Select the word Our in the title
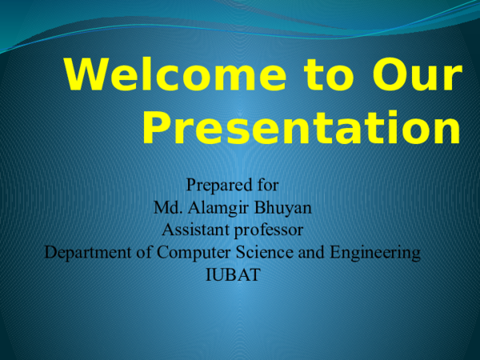click(x=418, y=77)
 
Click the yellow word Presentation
click(x=301, y=129)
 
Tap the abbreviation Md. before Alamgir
click(x=166, y=209)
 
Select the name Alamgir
click(x=215, y=209)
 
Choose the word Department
click(x=84, y=254)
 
